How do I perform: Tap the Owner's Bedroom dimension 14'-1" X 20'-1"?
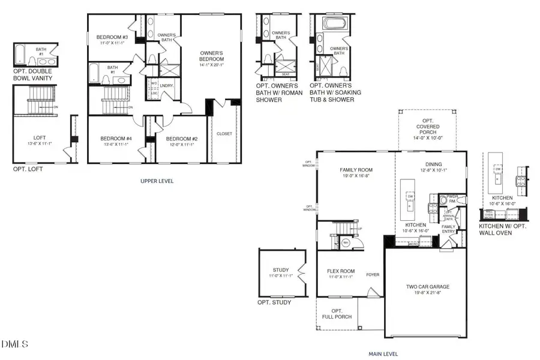click(212, 65)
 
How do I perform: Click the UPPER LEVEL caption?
click(157, 181)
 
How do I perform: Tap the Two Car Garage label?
click(427, 287)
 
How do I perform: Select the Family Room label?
click(356, 170)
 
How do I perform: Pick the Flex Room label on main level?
click(341, 271)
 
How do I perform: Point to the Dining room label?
click(433, 164)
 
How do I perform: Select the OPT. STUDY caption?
click(274, 302)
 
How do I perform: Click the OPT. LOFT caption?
click(28, 169)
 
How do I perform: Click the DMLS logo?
click(16, 344)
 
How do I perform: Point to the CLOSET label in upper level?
click(224, 134)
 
